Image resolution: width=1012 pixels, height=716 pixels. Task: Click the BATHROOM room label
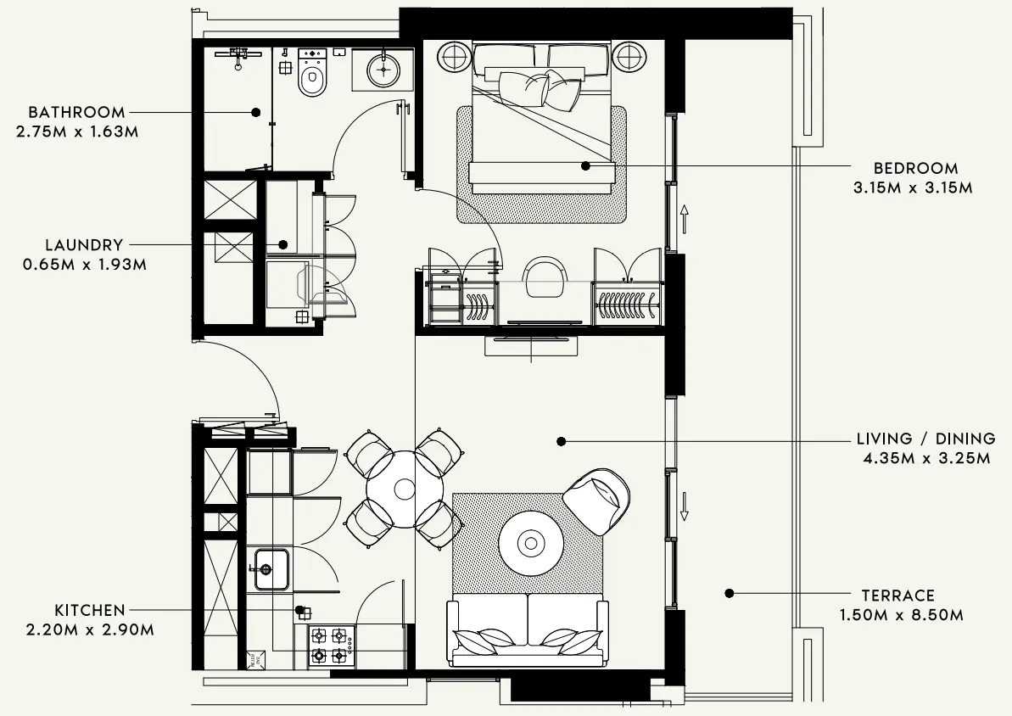[76, 112]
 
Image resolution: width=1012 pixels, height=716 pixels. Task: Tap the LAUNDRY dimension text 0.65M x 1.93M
[85, 265]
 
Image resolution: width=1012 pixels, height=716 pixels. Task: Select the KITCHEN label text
[90, 610]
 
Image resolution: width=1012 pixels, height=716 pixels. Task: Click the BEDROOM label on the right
[915, 168]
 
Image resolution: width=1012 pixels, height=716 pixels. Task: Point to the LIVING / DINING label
[925, 439]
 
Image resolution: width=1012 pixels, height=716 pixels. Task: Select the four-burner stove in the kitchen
[330, 645]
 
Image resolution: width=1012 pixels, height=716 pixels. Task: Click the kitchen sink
[271, 569]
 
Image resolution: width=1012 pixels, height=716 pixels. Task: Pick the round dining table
[405, 489]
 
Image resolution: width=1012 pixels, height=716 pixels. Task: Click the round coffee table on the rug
[531, 543]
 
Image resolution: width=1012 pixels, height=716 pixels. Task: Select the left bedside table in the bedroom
[454, 58]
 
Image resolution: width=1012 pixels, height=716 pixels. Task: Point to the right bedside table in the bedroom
[629, 58]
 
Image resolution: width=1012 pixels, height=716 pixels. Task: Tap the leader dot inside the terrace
[729, 594]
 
